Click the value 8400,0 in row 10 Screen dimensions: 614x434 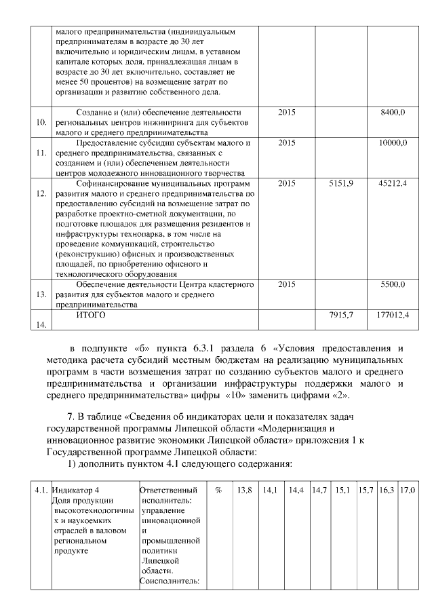(x=393, y=111)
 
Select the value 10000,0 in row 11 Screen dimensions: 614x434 (x=393, y=143)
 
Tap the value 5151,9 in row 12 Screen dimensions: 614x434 (x=341, y=184)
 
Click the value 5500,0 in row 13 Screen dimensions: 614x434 (x=393, y=284)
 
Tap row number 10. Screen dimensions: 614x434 (x=41, y=123)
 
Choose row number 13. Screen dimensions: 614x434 (x=41, y=295)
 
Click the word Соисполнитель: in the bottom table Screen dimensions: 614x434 (x=169, y=580)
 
